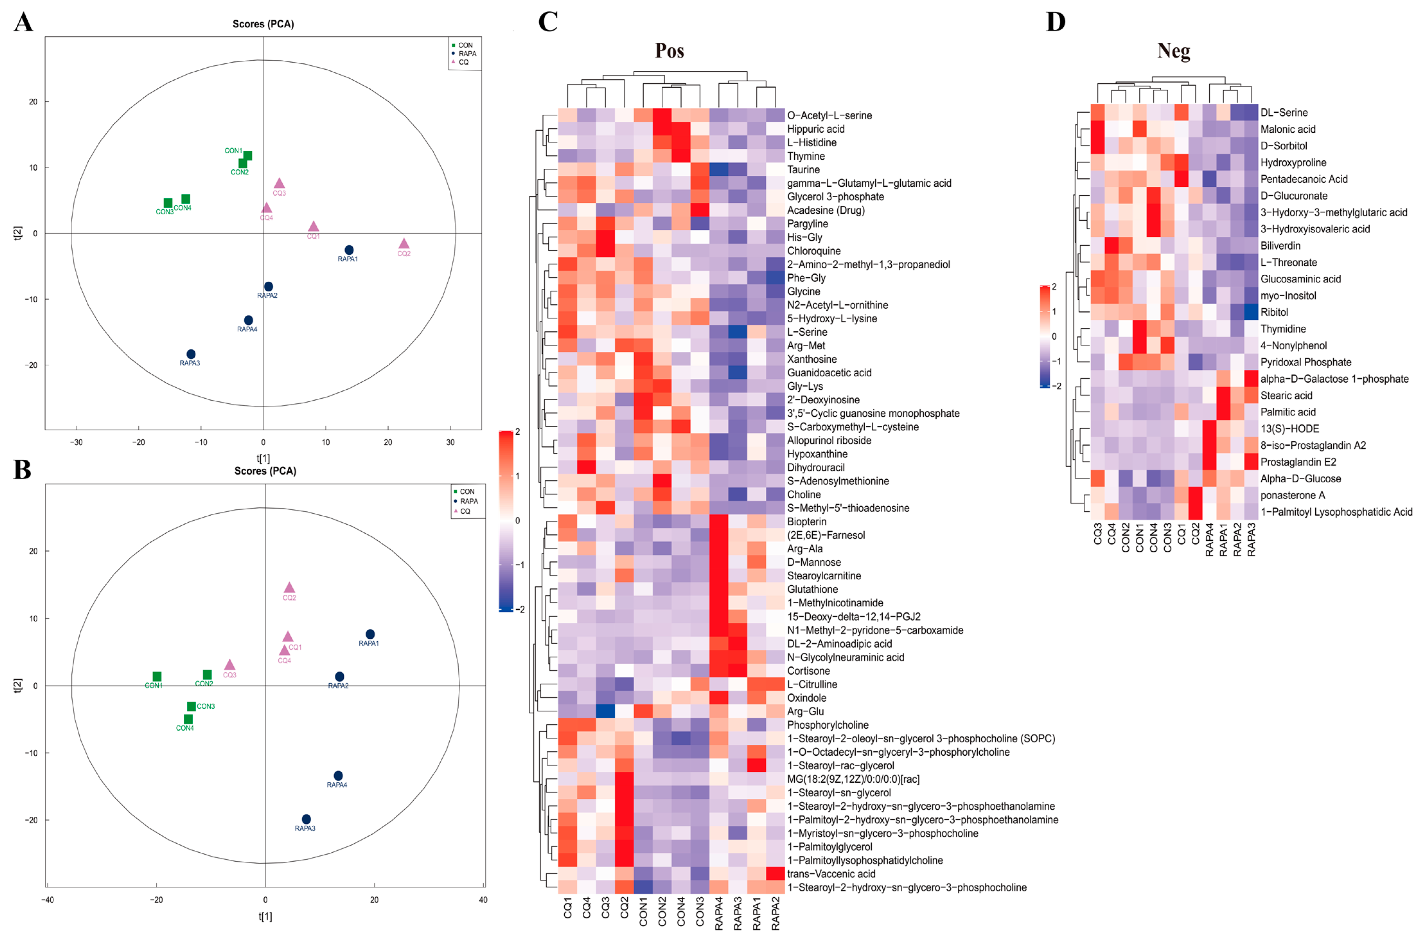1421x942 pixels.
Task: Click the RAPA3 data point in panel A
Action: (x=191, y=354)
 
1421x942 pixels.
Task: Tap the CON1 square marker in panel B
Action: (x=157, y=677)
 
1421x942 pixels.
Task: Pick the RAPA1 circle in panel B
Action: (x=370, y=635)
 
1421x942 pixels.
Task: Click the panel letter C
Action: (x=548, y=22)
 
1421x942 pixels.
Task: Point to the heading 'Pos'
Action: (x=669, y=50)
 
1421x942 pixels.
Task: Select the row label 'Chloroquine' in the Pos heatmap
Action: (x=814, y=251)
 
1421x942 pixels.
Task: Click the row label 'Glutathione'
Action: (x=813, y=589)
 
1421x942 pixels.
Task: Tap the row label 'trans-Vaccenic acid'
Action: (x=831, y=874)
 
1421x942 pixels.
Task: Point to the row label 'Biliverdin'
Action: (x=1280, y=246)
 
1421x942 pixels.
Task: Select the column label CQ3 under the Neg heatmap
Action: (x=1097, y=533)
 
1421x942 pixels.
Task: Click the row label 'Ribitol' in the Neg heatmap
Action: (x=1274, y=312)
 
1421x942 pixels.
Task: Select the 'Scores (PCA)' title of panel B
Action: (x=265, y=471)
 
